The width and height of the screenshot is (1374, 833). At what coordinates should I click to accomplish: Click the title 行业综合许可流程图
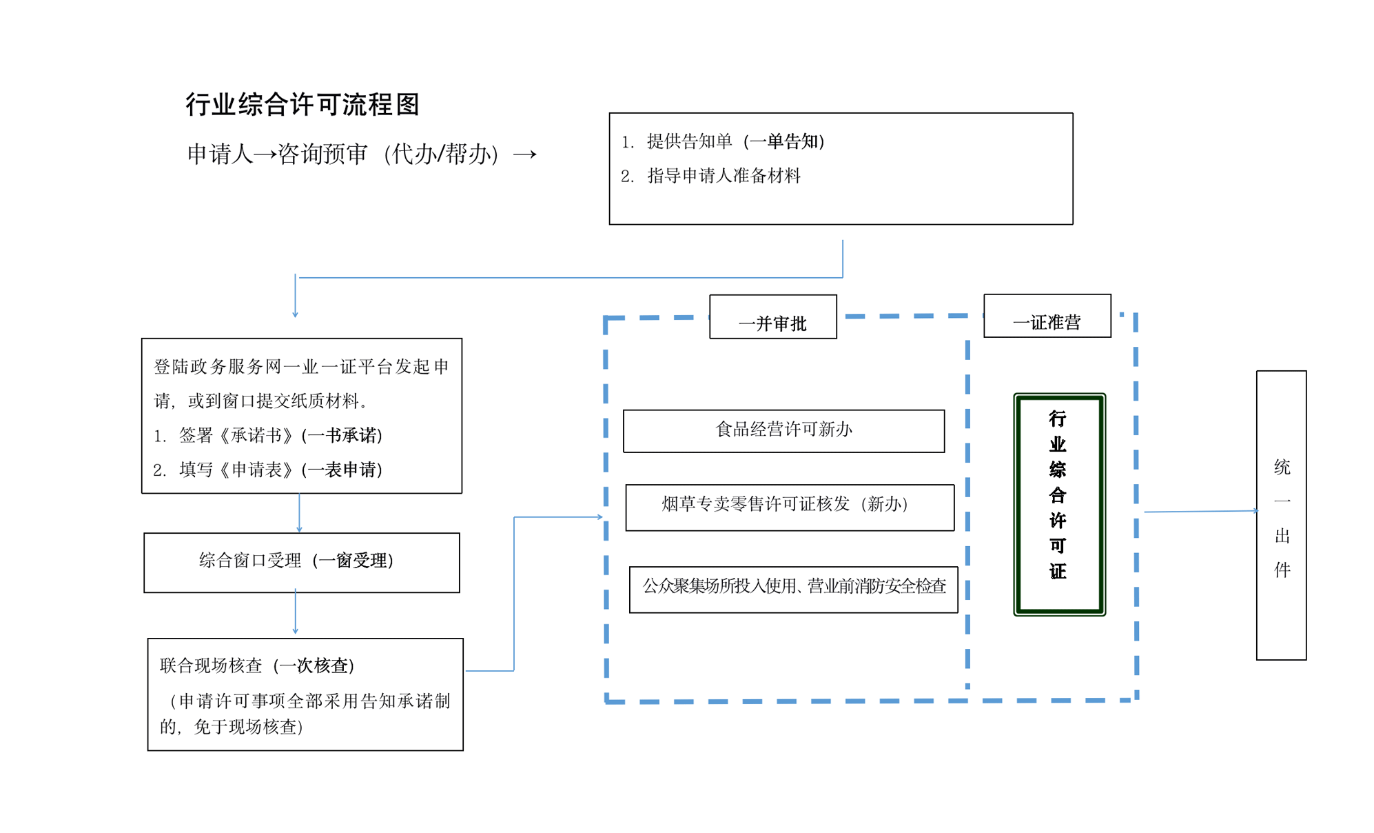(x=302, y=105)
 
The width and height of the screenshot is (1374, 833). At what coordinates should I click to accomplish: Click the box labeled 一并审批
(x=772, y=318)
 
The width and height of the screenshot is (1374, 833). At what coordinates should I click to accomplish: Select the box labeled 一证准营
(x=1046, y=317)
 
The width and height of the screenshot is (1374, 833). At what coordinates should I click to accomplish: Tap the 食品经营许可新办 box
(x=783, y=431)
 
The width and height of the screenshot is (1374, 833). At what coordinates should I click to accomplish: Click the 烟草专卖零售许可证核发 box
(x=789, y=507)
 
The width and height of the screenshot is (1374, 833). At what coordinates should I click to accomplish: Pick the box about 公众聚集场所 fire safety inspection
(x=793, y=589)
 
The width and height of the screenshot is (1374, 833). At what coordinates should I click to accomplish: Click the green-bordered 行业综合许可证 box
(x=1059, y=503)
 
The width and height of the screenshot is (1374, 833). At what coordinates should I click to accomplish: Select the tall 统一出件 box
(x=1280, y=515)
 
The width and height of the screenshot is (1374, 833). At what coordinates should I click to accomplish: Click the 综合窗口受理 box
(x=301, y=562)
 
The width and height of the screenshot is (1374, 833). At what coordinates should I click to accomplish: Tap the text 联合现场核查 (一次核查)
(x=257, y=665)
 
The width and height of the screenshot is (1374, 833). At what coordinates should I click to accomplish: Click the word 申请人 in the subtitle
(x=219, y=154)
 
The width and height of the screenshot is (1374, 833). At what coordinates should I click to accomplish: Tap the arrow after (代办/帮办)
(x=525, y=154)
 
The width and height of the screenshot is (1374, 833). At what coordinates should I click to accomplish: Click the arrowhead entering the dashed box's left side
(x=599, y=516)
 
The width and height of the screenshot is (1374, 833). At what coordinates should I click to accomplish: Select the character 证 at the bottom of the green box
(x=1057, y=571)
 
